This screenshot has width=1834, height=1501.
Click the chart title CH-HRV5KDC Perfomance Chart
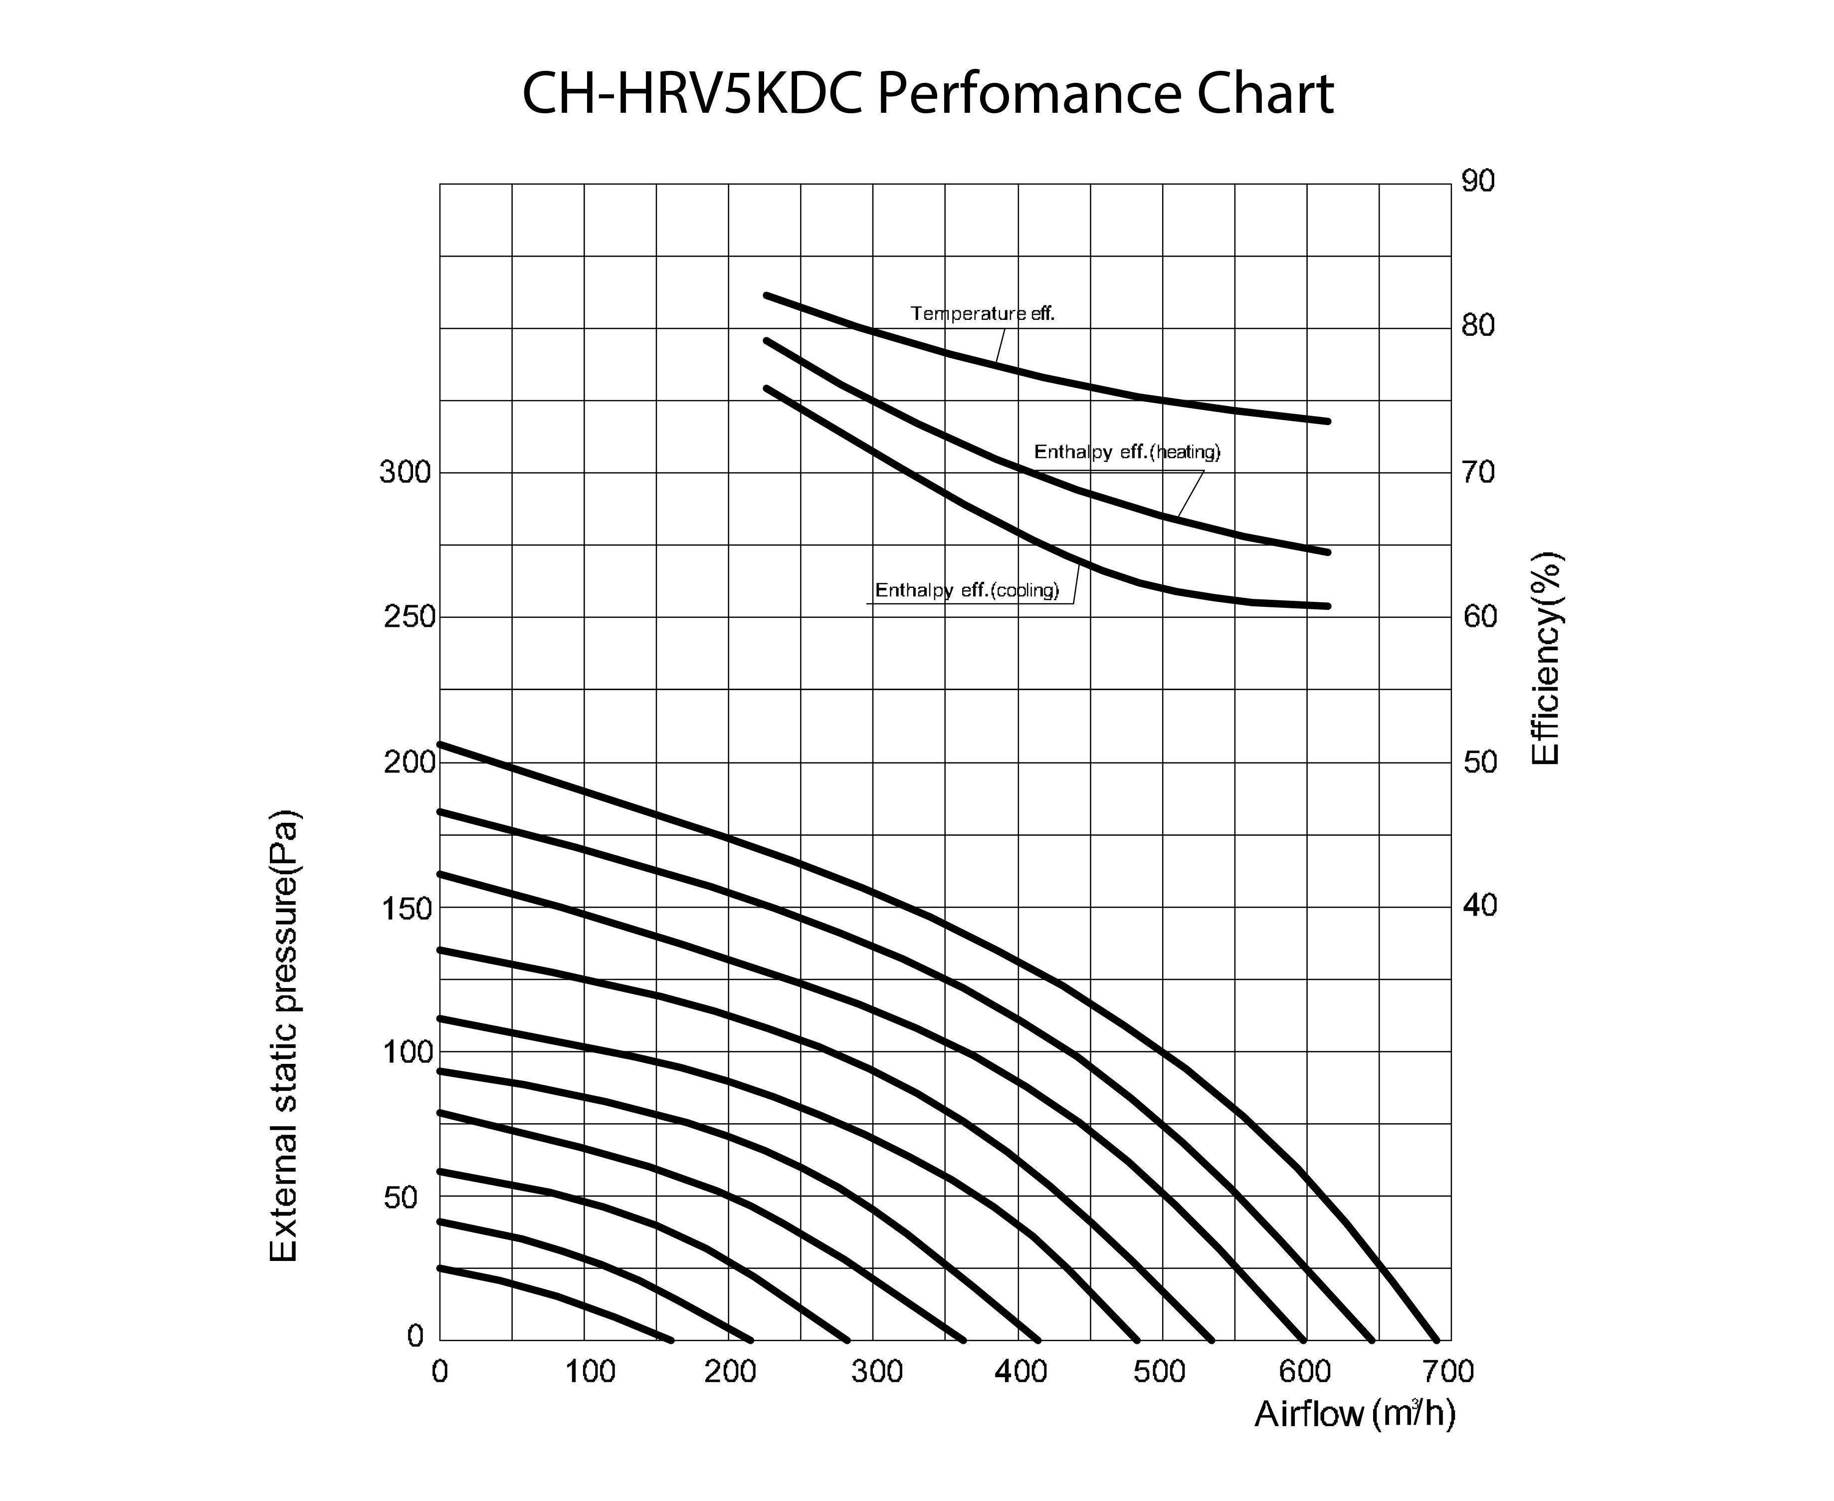pyautogui.click(x=927, y=95)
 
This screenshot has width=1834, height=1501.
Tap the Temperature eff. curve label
pyautogui.click(x=983, y=314)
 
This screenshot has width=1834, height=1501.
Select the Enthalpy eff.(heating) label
pyautogui.click(x=1127, y=452)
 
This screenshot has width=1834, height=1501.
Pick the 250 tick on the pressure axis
pyautogui.click(x=408, y=617)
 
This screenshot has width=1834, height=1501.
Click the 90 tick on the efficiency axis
pyautogui.click(x=1478, y=182)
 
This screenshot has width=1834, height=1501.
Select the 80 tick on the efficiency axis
pyautogui.click(x=1478, y=326)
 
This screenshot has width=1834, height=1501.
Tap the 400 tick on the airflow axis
pyautogui.click(x=1020, y=1371)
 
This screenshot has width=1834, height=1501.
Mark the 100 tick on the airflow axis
pyautogui.click(x=591, y=1371)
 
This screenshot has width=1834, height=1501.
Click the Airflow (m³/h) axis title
pyautogui.click(x=1354, y=1415)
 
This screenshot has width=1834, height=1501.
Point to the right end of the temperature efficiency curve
pyautogui.click(x=1328, y=421)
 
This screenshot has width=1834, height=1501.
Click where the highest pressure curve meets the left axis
pyautogui.click(x=441, y=744)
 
